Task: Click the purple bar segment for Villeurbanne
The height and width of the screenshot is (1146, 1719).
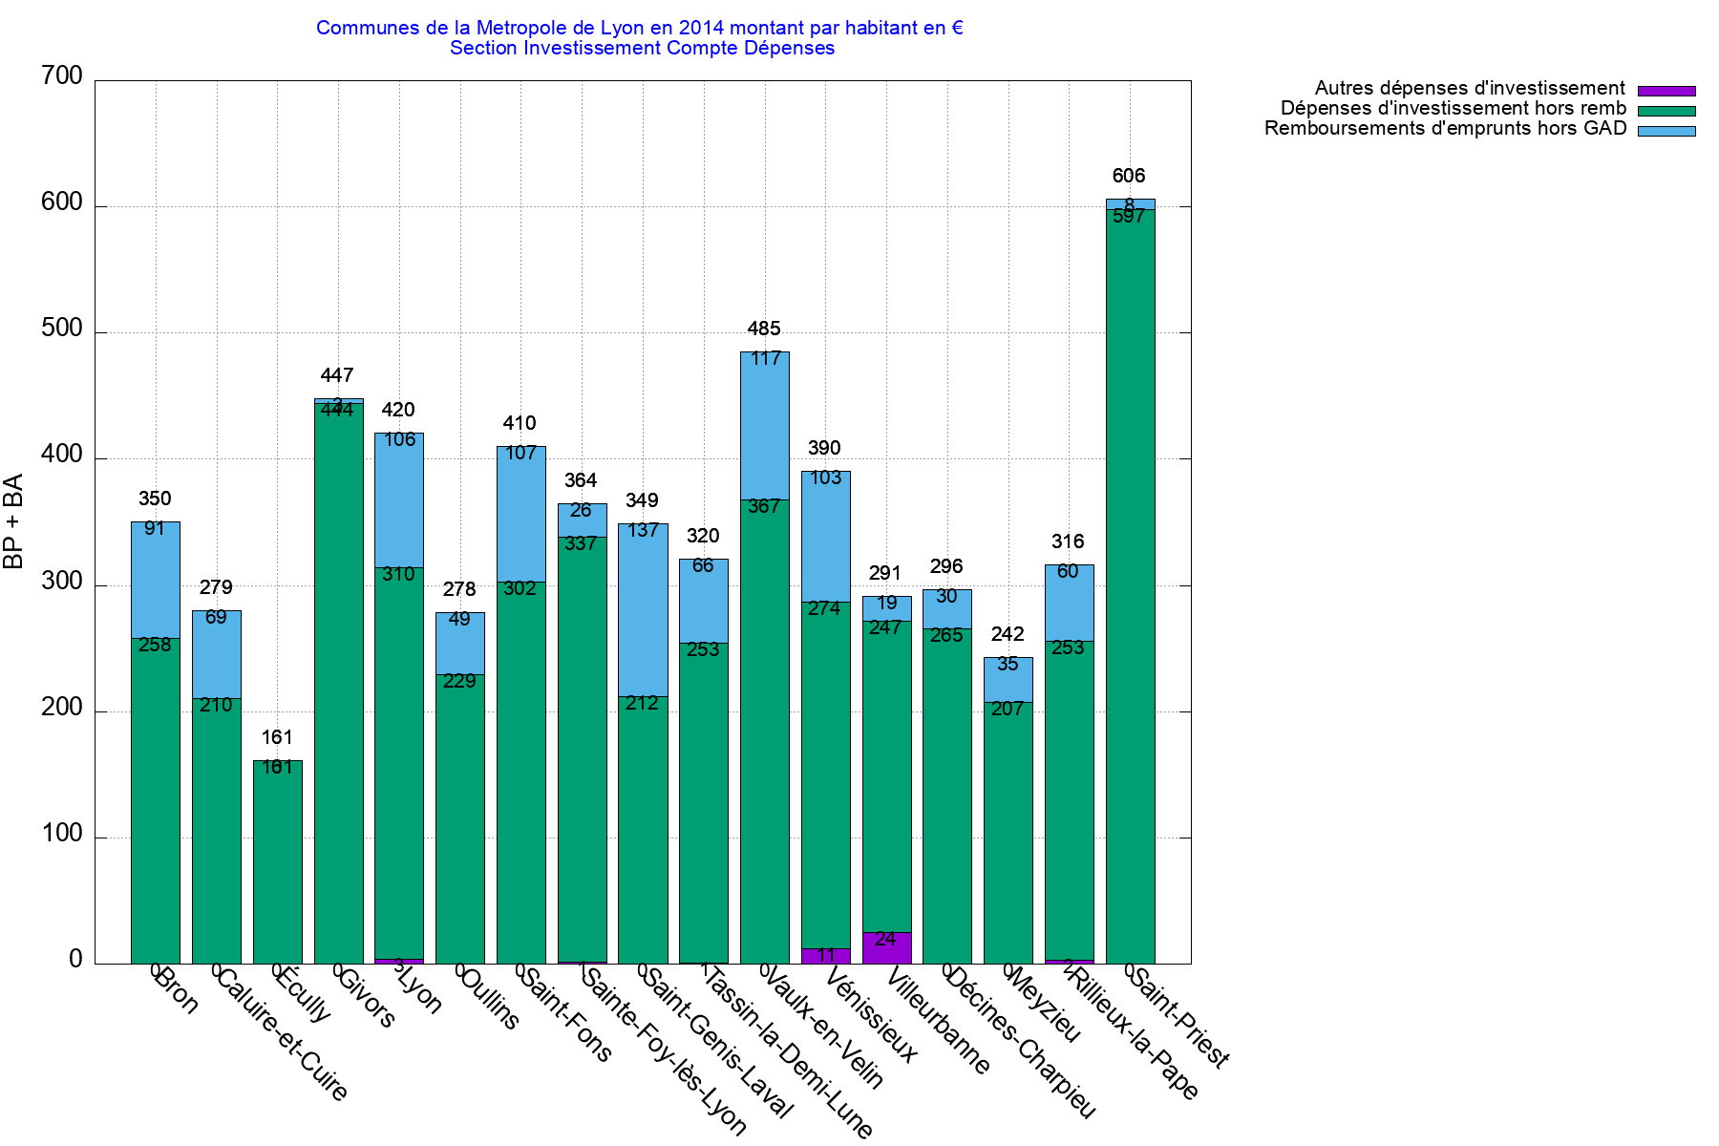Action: (886, 948)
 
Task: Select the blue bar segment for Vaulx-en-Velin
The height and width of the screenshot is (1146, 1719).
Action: (764, 426)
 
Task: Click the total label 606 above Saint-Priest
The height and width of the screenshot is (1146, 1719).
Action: (1129, 176)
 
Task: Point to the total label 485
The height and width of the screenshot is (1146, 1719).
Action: (764, 329)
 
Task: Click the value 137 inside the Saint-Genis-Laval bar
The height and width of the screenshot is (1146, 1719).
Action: (643, 530)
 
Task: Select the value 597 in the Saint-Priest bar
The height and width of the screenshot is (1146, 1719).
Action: (1129, 217)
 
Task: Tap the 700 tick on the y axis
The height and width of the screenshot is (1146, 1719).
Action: (62, 76)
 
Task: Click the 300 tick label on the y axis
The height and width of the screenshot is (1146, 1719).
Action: (62, 582)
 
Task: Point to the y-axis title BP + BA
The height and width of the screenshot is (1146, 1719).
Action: (13, 521)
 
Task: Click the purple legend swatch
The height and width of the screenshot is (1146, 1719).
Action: (1666, 91)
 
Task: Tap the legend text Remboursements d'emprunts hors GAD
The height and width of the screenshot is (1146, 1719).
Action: (1445, 129)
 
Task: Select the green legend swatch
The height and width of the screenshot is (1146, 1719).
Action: (1666, 111)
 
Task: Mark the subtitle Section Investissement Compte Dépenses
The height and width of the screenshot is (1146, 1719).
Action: (642, 49)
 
